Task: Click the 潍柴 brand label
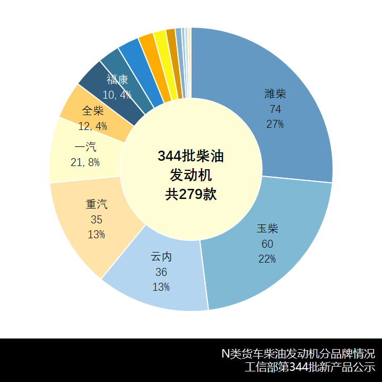point(275,94)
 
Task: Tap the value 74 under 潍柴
point(275,109)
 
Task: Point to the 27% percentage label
point(275,124)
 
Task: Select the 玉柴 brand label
point(267,229)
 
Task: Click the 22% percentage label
point(267,259)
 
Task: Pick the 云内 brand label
point(161,257)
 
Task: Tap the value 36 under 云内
point(161,272)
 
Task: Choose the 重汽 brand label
point(97,204)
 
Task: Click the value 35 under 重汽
point(97,220)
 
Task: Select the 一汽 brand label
point(85,147)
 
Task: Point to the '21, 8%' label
point(85,162)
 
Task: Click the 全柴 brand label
point(93,111)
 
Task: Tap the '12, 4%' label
point(93,126)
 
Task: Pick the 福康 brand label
point(117,80)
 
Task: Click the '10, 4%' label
point(117,95)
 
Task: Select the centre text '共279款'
point(191,194)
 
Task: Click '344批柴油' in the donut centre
point(191,157)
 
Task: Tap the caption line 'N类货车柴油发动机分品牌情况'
point(298,354)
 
